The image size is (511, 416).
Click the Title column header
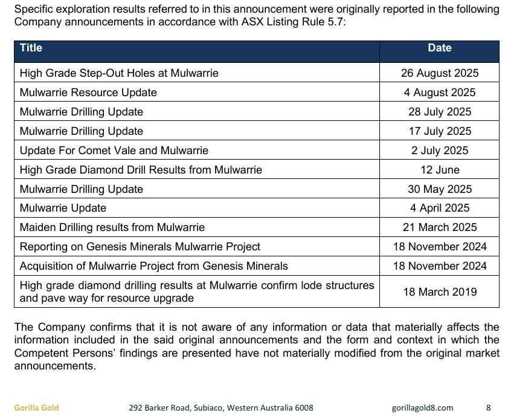31,48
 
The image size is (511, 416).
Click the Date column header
439,48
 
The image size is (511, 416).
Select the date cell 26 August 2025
439,73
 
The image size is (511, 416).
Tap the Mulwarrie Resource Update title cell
88,93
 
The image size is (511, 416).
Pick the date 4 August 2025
439,93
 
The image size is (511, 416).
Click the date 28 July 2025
439,112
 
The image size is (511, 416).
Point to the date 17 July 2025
439,131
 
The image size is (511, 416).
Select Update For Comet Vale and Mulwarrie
114,151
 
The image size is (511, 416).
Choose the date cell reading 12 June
439,170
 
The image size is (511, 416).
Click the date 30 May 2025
439,189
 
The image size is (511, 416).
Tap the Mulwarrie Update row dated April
63,208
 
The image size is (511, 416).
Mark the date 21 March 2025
439,227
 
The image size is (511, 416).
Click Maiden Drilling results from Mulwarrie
112,227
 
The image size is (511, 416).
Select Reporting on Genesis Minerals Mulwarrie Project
140,247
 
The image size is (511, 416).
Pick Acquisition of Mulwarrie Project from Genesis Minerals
153,266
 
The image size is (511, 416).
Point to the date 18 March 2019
439,291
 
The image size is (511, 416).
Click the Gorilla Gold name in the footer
36,408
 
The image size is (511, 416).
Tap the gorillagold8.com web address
422,408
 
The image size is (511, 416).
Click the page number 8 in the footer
489,408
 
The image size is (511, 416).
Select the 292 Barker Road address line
221,408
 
